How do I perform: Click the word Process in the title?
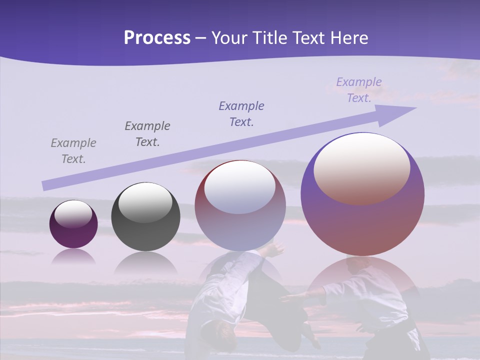[157, 38]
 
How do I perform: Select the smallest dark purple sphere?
[73, 224]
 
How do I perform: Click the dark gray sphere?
[145, 217]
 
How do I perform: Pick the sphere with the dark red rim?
[240, 206]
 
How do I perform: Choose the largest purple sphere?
[362, 194]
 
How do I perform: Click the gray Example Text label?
[73, 151]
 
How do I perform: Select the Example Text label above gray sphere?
[147, 134]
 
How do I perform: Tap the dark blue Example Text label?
[241, 114]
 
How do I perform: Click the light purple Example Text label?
[359, 90]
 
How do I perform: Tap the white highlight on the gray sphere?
[145, 203]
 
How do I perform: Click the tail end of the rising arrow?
[46, 185]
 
